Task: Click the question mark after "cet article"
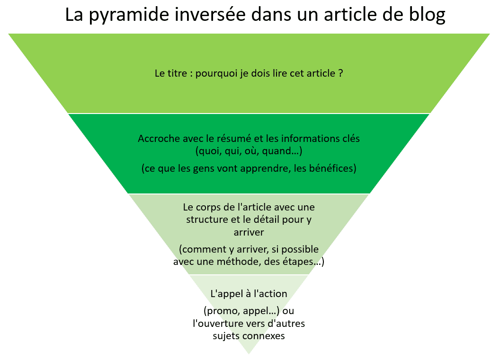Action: [341, 73]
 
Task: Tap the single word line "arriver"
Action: [249, 232]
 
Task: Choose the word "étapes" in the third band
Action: [298, 262]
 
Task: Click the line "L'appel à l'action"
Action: [249, 294]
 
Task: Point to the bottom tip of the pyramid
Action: [249, 354]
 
